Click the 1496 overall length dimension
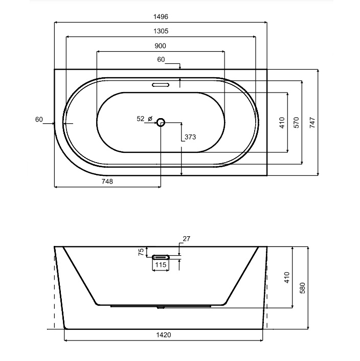[x=160, y=16]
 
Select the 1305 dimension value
[x=160, y=31]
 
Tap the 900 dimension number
[x=160, y=46]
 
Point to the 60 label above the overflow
[x=161, y=60]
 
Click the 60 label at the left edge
[x=39, y=120]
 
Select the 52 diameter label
[x=141, y=119]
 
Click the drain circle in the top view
[x=161, y=122]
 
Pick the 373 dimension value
[x=190, y=137]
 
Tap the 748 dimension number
[x=107, y=182]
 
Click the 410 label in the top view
[x=282, y=123]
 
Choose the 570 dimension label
[x=296, y=123]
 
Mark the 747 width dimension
[x=312, y=123]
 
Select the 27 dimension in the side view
[x=186, y=239]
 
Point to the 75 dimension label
[x=142, y=252]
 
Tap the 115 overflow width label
[x=161, y=265]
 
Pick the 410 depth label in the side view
[x=287, y=277]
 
